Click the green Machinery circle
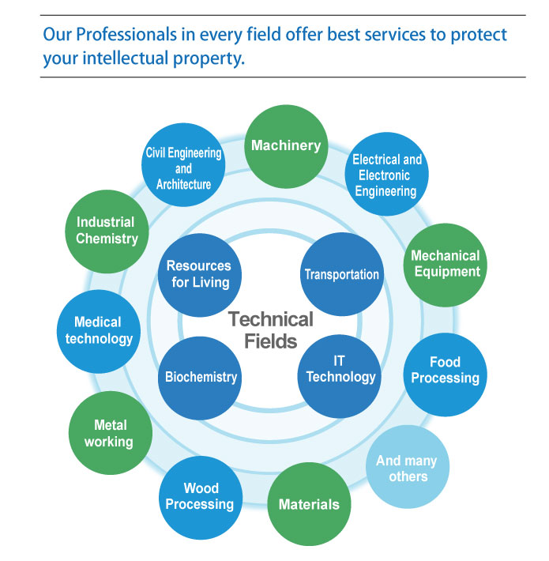[286, 147]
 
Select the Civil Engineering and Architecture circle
[183, 165]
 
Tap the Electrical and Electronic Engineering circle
[386, 175]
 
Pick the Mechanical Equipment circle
[446, 265]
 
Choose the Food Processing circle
[446, 375]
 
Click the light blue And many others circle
[408, 467]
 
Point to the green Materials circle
[309, 504]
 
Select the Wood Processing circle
[201, 498]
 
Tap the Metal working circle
[111, 433]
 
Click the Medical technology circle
[99, 332]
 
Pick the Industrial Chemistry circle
[107, 232]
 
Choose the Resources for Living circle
[200, 275]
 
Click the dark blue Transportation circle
[342, 274]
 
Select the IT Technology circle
[340, 376]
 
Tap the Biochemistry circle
[200, 378]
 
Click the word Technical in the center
[271, 319]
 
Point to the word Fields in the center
[271, 341]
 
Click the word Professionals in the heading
[126, 35]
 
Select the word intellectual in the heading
[126, 58]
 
